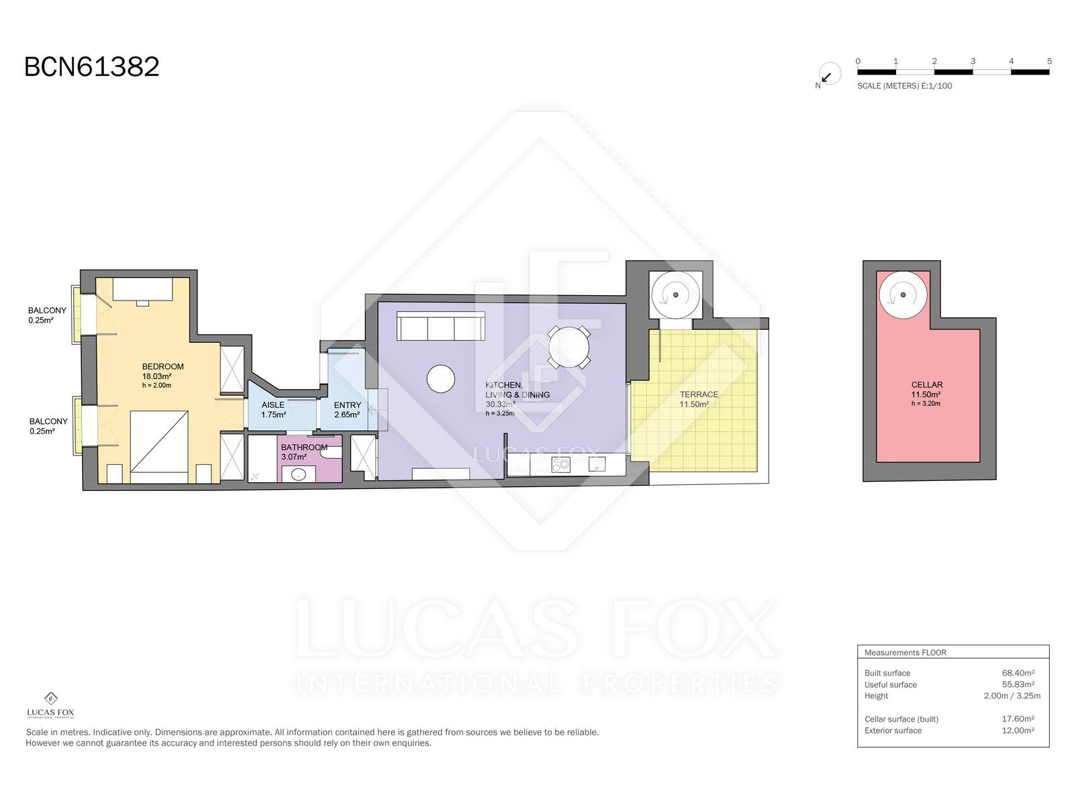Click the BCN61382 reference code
pos(91,66)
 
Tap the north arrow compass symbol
pos(830,74)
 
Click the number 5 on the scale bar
pos(1049,61)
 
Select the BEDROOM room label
pos(163,366)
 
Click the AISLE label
pos(273,405)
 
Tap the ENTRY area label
pos(348,405)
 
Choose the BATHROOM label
pos(304,447)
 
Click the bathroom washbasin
pos(298,474)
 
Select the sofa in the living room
pos(441,326)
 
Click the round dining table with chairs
pos(569,347)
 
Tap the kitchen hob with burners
pos(560,464)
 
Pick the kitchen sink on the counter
pos(597,464)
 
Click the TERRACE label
pos(699,394)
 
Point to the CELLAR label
pos(927,384)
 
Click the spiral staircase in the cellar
pos(903,294)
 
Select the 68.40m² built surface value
pos(1018,673)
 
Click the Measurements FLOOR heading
pos(906,653)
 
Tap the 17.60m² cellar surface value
pos(1018,718)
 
